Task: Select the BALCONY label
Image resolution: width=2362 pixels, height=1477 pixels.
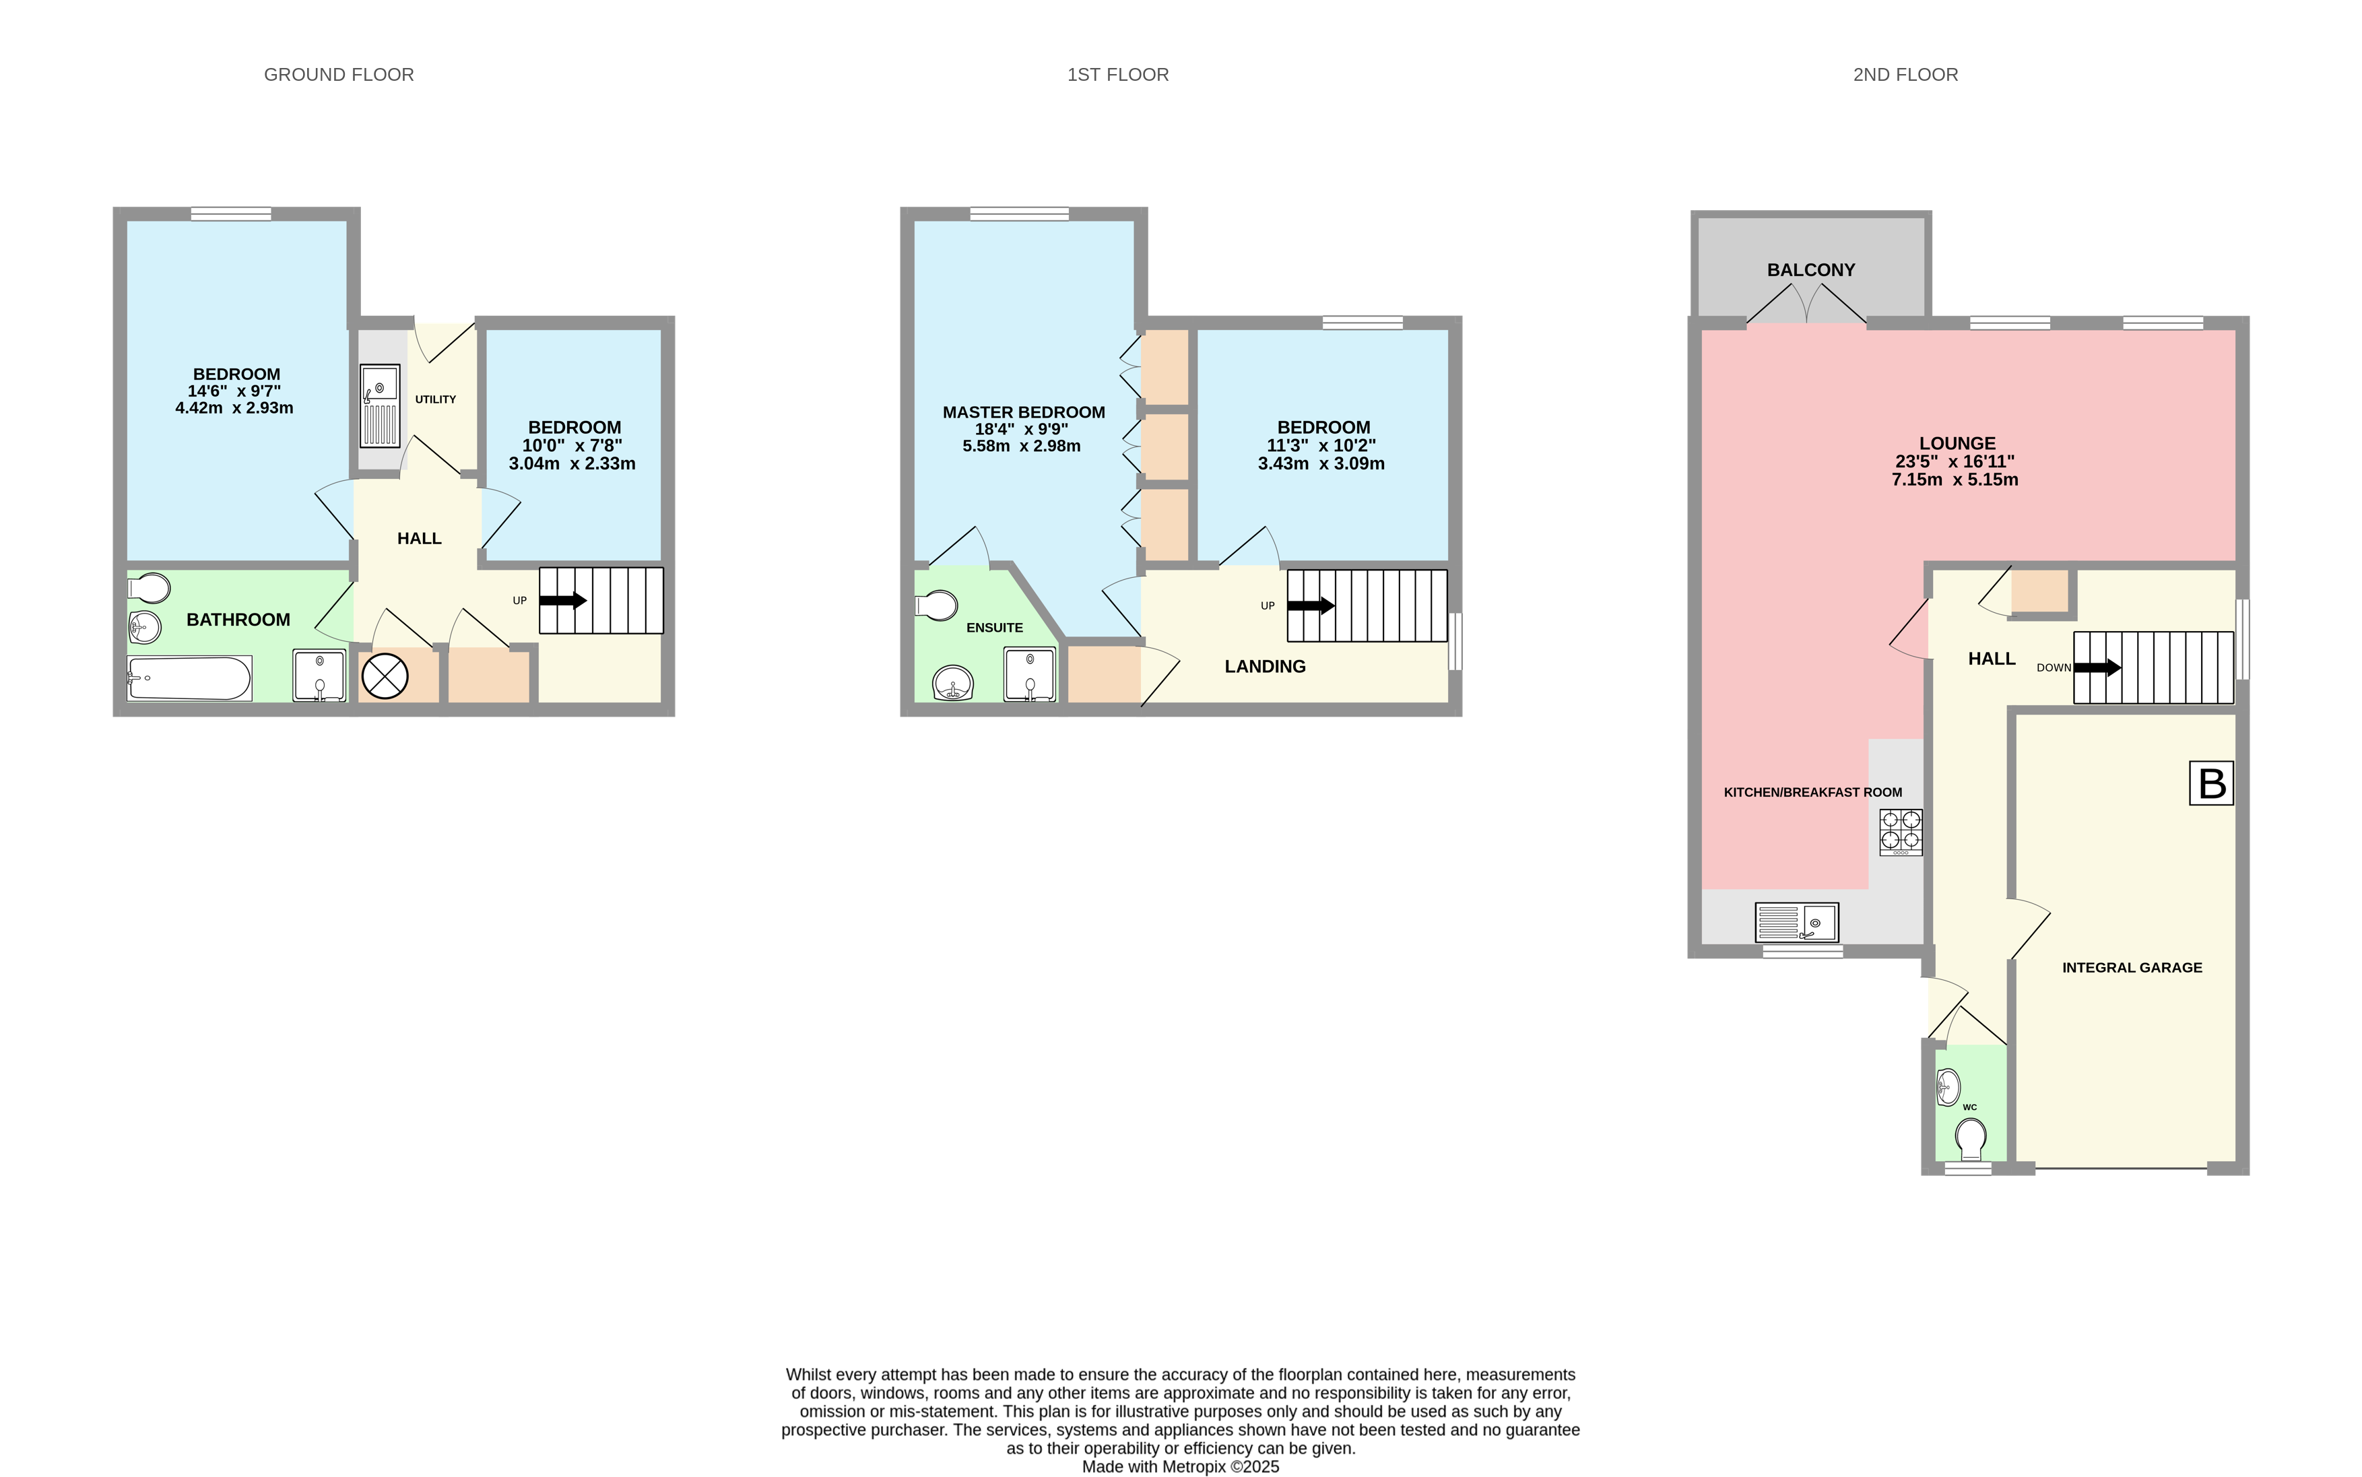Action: point(1811,269)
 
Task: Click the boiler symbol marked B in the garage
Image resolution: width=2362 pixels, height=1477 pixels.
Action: point(2212,783)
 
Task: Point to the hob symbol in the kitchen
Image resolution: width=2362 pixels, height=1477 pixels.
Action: point(1901,832)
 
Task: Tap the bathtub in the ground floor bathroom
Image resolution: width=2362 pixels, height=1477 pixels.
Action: point(189,678)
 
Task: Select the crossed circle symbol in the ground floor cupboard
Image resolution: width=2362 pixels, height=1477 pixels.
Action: point(385,676)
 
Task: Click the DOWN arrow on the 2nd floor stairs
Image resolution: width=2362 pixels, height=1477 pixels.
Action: point(2097,668)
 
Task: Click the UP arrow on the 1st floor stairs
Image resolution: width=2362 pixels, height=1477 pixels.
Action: point(1311,605)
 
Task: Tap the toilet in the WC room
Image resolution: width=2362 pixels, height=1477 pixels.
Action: point(1970,1139)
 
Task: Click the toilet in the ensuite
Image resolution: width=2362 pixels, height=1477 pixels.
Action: point(936,605)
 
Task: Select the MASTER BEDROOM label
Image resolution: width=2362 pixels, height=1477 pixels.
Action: point(1024,412)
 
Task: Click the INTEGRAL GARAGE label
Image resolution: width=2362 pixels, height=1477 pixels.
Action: point(2132,968)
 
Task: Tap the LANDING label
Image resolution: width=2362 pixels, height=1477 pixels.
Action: point(1265,666)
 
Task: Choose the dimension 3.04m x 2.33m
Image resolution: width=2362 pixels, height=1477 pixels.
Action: point(572,464)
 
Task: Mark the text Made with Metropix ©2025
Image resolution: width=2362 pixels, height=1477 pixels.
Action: point(1180,1467)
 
